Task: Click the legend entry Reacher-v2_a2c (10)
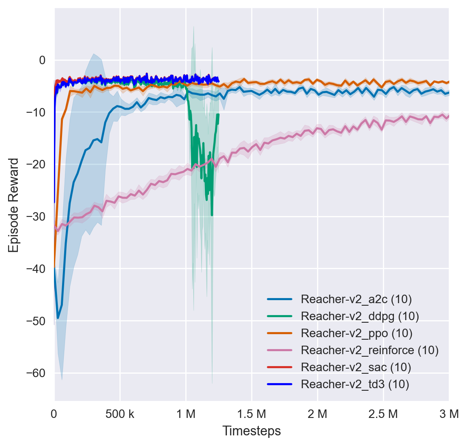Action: pos(356,299)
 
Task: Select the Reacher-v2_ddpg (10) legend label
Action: pos(359,316)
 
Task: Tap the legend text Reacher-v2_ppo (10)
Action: pos(357,333)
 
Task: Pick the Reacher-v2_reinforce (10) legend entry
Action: pos(369,350)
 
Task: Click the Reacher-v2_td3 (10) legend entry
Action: pos(355,384)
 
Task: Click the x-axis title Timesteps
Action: pos(252,431)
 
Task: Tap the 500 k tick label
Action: pos(120,413)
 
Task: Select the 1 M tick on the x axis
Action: pos(186,413)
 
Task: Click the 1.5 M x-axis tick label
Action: pos(252,413)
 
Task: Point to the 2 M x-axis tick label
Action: pos(317,413)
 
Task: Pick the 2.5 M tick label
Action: pos(383,413)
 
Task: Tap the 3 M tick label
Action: pos(449,413)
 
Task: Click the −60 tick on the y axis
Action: pos(37,373)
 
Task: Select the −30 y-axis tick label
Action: pos(37,216)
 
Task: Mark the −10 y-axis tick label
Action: pos(37,112)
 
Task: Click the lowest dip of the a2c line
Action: pos(58,318)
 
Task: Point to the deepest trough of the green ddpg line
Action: pos(212,215)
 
